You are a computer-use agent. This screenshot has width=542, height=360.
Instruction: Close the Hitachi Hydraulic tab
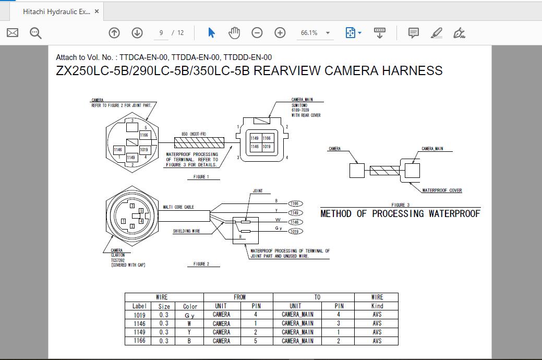tap(97, 11)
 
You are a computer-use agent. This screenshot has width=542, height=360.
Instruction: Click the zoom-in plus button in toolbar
tap(280, 33)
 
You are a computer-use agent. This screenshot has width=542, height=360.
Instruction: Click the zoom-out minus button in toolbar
tap(257, 33)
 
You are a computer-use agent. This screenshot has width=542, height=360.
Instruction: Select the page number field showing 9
tap(161, 33)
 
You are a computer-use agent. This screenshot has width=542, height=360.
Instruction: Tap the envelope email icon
tap(13, 33)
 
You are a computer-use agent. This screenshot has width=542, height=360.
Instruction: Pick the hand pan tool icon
tap(234, 33)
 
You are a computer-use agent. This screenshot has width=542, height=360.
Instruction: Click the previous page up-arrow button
tap(114, 33)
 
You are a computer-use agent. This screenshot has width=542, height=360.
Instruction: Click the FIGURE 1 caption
tap(201, 177)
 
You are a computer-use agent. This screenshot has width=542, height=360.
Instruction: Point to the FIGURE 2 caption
tap(201, 265)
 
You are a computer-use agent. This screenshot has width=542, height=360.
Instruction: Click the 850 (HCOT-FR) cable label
tap(194, 134)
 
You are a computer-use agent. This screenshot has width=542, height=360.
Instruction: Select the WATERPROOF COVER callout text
tap(441, 190)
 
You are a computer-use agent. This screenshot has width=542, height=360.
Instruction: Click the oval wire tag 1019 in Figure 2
tap(295, 231)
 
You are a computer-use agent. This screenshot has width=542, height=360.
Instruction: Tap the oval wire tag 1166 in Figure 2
tap(295, 203)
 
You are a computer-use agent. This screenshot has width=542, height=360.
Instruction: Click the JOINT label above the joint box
tap(258, 191)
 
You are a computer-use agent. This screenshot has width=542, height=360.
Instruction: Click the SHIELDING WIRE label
tap(186, 231)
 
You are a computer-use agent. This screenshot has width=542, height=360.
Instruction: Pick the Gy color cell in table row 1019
tap(190, 315)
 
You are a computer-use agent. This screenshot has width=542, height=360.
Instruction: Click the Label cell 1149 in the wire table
tap(139, 332)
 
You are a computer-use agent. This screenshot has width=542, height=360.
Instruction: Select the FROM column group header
tap(239, 297)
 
